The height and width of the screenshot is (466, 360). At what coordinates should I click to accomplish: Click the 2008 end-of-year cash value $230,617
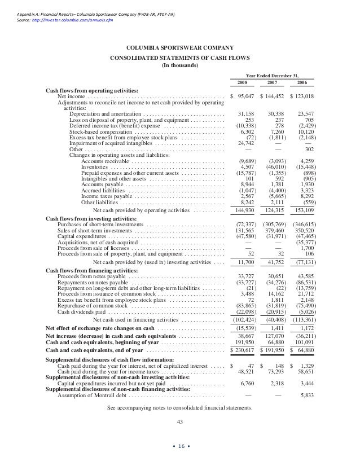(x=243, y=351)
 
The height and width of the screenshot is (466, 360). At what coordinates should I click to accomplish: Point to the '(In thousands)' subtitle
(x=180, y=65)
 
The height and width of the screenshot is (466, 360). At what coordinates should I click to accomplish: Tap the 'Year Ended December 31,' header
(x=273, y=76)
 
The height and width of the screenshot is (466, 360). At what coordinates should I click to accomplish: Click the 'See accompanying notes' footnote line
(x=180, y=407)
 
